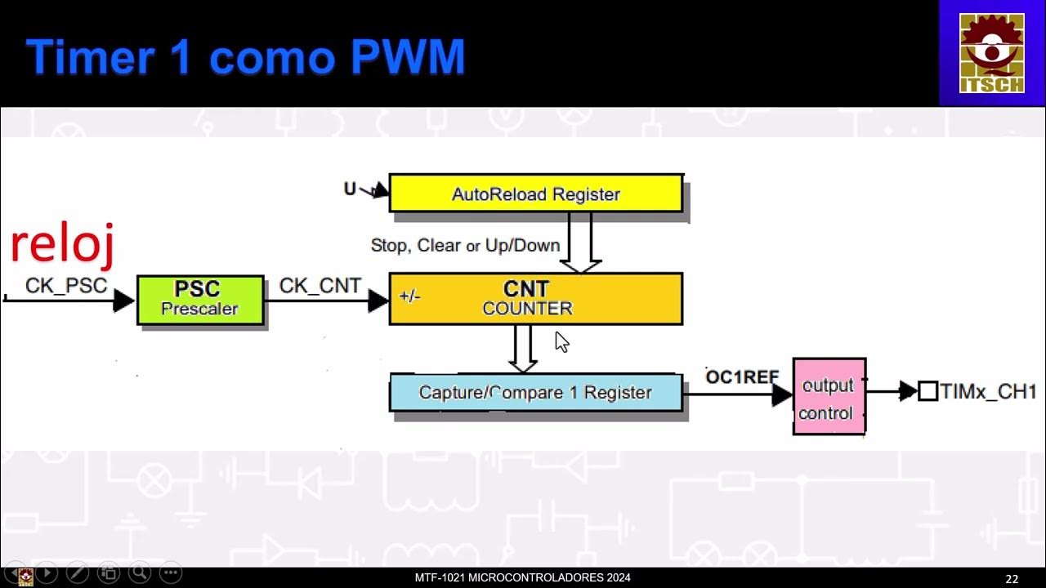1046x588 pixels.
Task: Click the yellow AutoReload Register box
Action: [535, 194]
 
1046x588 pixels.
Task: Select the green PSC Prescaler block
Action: [200, 300]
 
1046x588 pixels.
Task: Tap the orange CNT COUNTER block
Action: [535, 299]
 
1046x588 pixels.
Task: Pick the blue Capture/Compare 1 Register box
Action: [535, 393]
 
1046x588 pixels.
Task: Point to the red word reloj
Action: [62, 244]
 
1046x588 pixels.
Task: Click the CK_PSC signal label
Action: [65, 286]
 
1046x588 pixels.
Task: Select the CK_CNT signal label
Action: [320, 286]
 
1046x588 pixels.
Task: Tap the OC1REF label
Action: [742, 377]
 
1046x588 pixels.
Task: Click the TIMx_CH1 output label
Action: [988, 391]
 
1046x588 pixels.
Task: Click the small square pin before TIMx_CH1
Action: [928, 391]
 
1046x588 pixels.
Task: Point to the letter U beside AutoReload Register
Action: [350, 189]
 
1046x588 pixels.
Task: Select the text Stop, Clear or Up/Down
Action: [465, 245]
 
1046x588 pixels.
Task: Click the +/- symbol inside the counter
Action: [409, 296]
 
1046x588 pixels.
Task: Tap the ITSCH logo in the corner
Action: [991, 52]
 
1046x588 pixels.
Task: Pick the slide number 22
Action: [1012, 579]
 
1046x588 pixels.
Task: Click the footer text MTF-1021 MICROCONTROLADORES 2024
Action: [522, 578]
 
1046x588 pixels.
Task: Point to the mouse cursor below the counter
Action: [561, 341]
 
